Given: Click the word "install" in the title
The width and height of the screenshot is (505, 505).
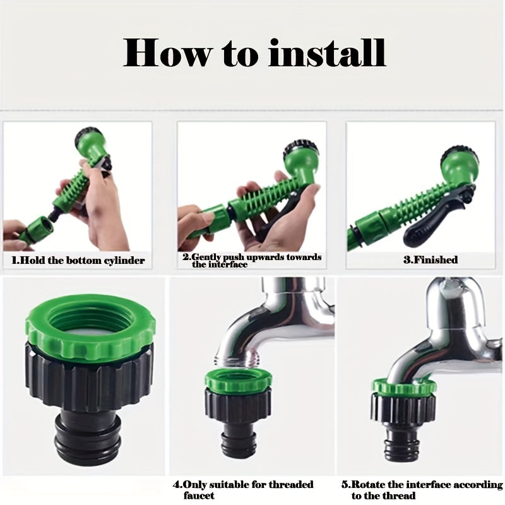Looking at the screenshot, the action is click(327, 52).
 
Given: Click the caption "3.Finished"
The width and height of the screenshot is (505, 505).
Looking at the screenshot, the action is click(431, 259).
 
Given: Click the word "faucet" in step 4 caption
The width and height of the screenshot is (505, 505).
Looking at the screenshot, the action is click(199, 496).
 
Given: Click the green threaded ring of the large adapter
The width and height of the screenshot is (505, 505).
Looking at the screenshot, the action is click(90, 322).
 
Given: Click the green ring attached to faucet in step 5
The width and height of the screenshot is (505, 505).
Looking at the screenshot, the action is click(405, 388).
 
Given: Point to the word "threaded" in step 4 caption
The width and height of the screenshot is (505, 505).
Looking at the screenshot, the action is click(291, 484).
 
